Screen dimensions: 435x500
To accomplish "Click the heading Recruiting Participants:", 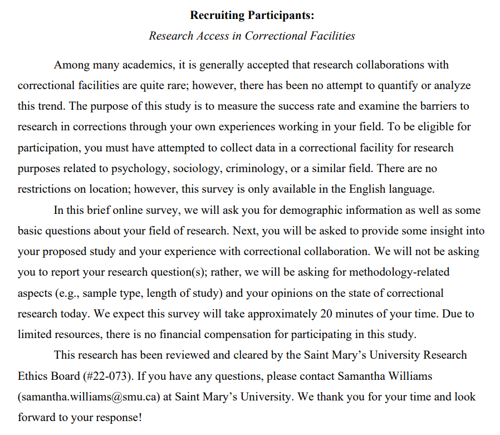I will pos(252,15).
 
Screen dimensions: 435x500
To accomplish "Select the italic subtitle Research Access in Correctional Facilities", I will pos(252,36).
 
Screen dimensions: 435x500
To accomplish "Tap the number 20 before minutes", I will pos(326,314).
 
